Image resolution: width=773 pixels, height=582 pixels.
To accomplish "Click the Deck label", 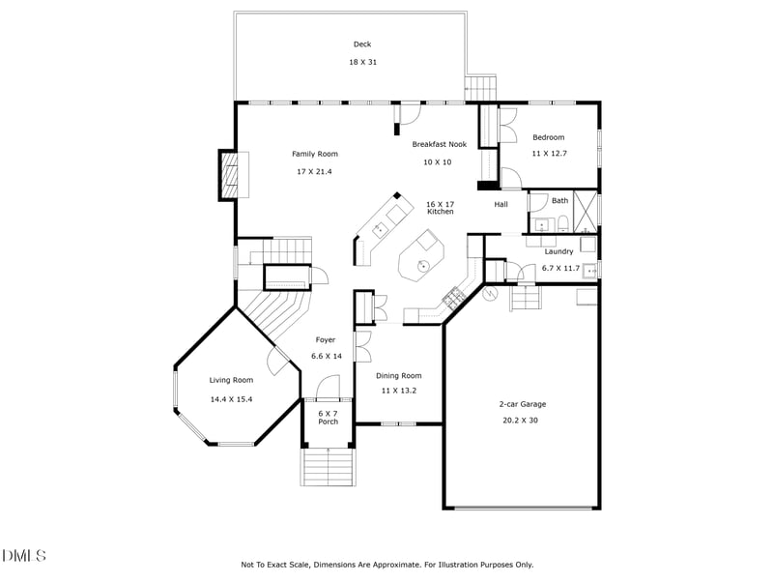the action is [362, 44].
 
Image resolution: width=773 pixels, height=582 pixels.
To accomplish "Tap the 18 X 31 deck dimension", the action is [363, 62].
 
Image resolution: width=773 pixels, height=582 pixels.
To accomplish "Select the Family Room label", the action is [315, 154].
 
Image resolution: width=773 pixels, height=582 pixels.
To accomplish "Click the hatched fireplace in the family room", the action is [228, 175].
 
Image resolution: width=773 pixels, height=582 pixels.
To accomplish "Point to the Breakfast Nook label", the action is [440, 144].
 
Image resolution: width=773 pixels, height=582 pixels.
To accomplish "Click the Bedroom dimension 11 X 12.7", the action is [549, 154].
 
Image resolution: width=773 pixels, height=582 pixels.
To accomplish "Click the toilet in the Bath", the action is [563, 225].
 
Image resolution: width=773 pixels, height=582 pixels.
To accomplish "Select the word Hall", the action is [501, 204].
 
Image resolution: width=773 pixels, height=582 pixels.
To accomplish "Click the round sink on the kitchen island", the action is [423, 265].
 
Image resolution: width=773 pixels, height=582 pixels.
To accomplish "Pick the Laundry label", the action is [559, 251].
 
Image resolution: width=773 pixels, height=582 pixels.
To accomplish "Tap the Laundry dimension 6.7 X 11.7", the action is [561, 269].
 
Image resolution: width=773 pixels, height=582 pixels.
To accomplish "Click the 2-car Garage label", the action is [523, 404].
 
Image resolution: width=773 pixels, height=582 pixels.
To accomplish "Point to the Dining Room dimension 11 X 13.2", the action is [399, 391].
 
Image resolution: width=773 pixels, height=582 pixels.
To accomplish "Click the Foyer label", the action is [326, 340].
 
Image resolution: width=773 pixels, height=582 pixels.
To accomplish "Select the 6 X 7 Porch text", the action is [328, 418].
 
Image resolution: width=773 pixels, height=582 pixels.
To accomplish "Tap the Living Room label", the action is [231, 380].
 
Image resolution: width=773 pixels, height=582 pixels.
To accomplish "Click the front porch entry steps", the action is [328, 466].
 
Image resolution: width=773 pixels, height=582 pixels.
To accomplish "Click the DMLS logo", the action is [23, 556].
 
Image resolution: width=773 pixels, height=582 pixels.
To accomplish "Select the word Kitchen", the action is [441, 212].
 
